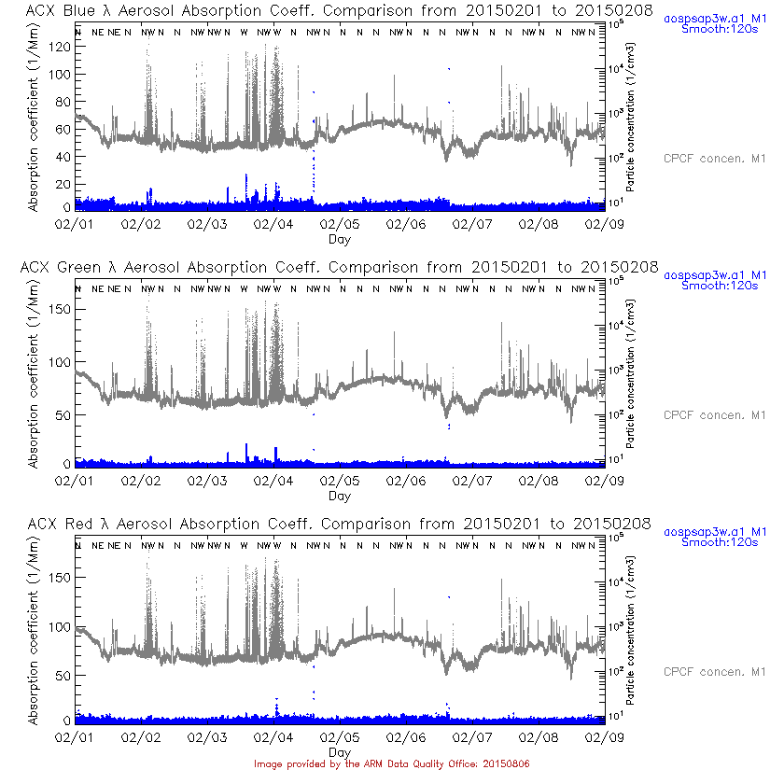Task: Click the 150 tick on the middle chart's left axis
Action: tap(58, 309)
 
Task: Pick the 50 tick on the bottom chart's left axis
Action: tap(62, 675)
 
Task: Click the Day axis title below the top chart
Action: tap(340, 239)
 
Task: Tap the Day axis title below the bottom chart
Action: tap(340, 752)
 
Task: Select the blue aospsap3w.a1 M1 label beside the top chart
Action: tap(715, 19)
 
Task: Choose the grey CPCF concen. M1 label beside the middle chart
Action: tap(714, 414)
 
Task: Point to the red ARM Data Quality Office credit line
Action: tap(392, 763)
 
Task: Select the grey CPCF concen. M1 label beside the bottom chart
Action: tap(714, 671)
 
